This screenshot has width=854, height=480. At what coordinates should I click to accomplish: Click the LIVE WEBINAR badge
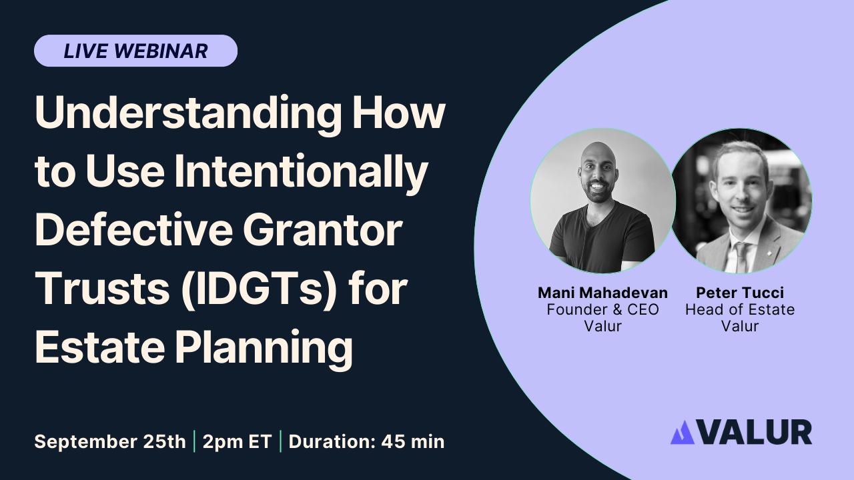click(135, 51)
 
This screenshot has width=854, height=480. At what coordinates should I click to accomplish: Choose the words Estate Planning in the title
click(193, 347)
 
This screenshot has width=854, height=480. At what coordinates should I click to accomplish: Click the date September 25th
click(110, 441)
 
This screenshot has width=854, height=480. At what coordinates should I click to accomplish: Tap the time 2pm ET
click(237, 441)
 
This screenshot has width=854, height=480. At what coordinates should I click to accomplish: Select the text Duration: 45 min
click(366, 441)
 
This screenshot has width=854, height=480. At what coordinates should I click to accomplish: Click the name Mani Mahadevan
click(602, 293)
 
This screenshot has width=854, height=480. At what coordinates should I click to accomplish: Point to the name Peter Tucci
click(740, 293)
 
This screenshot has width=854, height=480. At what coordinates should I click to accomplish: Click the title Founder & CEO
click(602, 310)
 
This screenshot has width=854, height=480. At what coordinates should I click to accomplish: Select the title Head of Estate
click(740, 310)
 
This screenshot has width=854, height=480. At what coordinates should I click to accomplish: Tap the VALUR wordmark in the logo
click(755, 432)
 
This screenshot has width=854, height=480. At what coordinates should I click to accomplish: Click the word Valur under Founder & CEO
click(602, 327)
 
